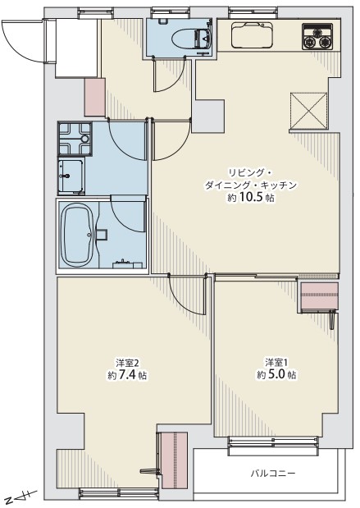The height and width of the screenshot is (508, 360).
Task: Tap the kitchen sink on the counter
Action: (x=253, y=34)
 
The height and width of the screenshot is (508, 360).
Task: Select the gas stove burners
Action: (x=317, y=37)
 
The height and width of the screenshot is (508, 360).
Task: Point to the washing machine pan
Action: (x=75, y=139)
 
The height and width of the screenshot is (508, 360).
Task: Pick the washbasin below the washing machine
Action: (x=71, y=176)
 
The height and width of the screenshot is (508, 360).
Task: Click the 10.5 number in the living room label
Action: (x=252, y=197)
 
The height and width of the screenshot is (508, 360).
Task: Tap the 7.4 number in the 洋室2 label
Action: (x=128, y=375)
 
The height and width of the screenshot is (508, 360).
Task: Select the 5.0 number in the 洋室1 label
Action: (x=277, y=374)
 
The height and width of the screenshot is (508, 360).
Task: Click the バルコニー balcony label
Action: (x=273, y=474)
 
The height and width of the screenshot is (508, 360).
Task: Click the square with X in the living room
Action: (x=309, y=111)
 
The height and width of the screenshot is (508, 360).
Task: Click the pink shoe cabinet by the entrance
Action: (x=95, y=97)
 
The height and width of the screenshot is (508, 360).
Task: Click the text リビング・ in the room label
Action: (x=247, y=172)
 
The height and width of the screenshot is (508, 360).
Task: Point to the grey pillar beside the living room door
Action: (x=208, y=116)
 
